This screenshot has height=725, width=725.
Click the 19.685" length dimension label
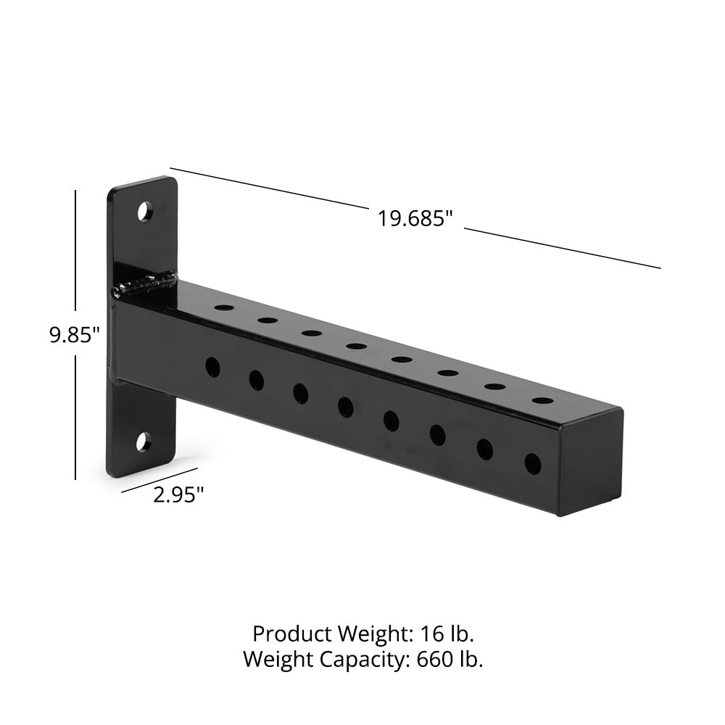click(x=414, y=218)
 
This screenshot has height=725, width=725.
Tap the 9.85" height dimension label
click(x=75, y=335)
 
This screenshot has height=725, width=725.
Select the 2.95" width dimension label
click(x=178, y=495)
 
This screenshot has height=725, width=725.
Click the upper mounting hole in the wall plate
click(x=146, y=211)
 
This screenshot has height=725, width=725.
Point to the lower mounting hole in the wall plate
click(x=144, y=442)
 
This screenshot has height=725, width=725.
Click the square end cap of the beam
click(x=591, y=462)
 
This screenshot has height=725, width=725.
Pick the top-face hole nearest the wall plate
click(x=224, y=307)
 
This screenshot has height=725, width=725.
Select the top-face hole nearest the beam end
click(x=543, y=400)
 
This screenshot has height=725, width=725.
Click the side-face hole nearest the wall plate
click(x=212, y=367)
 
